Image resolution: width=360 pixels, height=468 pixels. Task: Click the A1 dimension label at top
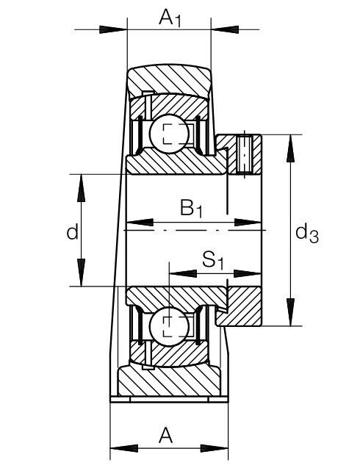pyautogui.click(x=170, y=18)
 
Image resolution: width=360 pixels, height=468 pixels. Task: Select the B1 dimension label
pyautogui.click(x=191, y=208)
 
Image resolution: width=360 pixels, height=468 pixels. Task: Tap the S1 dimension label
pyautogui.click(x=213, y=259)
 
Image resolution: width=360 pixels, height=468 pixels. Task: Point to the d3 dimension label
pyautogui.click(x=307, y=233)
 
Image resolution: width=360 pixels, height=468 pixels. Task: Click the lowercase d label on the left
pyautogui.click(x=72, y=231)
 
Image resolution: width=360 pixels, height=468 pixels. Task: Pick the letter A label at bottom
pyautogui.click(x=165, y=435)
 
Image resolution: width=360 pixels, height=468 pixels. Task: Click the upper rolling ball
pyautogui.click(x=169, y=134)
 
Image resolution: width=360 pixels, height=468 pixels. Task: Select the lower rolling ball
pyautogui.click(x=169, y=326)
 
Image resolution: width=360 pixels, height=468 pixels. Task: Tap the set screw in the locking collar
pyautogui.click(x=245, y=154)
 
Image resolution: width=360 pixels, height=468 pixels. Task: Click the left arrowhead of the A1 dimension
pyautogui.click(x=113, y=29)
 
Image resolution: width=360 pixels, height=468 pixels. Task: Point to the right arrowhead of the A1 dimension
pyautogui.click(x=225, y=29)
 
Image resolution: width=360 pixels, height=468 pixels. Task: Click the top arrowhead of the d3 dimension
pyautogui.click(x=290, y=148)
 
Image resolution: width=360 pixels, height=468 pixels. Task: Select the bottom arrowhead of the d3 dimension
pyautogui.click(x=290, y=312)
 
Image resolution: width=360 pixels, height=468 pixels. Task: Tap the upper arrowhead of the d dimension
pyautogui.click(x=82, y=188)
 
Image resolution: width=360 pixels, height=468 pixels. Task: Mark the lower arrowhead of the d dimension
pyautogui.click(x=82, y=273)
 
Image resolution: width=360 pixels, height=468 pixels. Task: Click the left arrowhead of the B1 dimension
pyautogui.click(x=140, y=223)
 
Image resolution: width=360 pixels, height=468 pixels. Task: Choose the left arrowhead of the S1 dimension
pyautogui.click(x=183, y=273)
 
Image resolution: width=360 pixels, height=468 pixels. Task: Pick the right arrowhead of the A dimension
pyautogui.click(x=214, y=448)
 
